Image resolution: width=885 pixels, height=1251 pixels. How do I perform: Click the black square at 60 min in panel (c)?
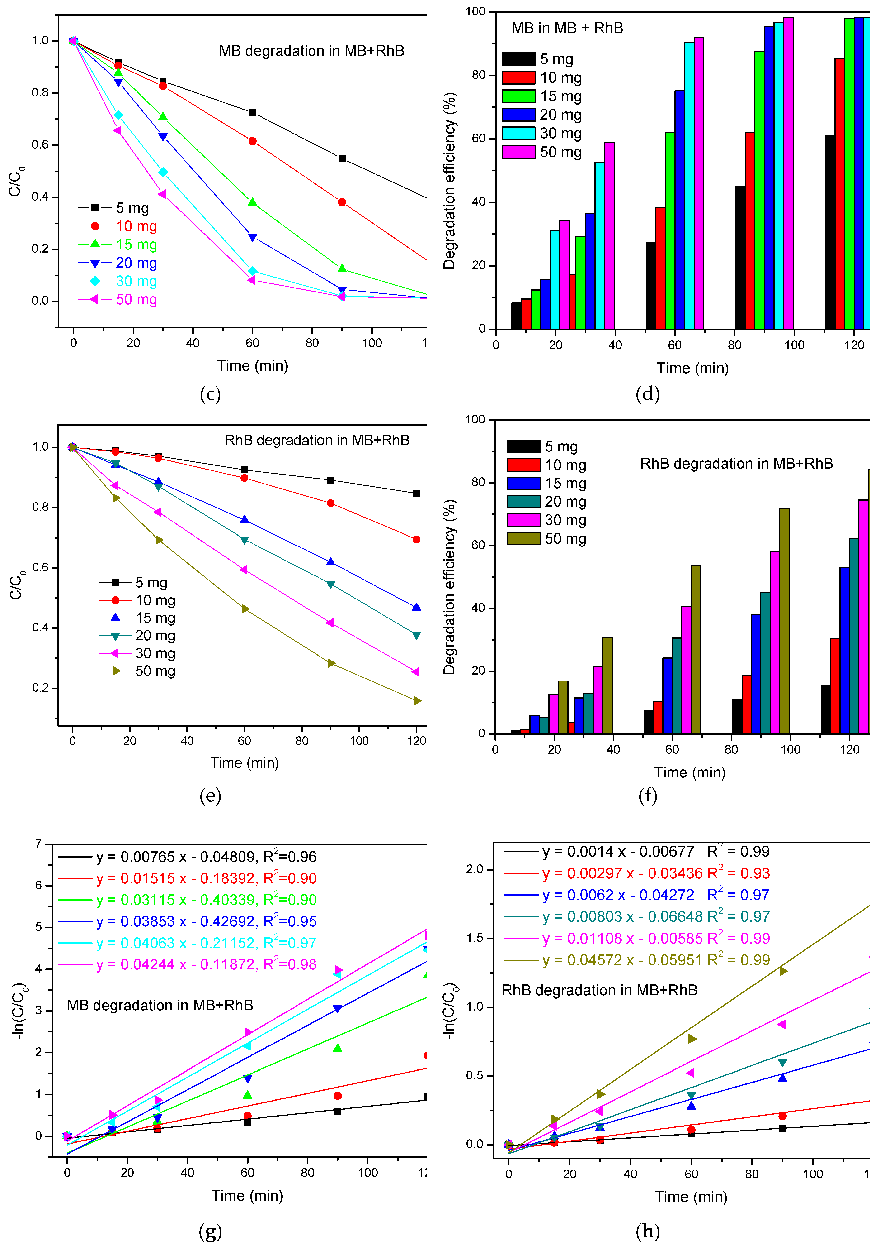point(252,112)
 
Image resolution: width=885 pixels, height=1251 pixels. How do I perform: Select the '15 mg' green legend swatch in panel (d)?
point(518,96)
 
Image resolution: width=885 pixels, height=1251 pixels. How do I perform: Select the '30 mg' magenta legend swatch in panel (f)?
point(523,520)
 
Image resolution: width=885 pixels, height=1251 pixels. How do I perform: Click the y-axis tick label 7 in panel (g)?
point(38,844)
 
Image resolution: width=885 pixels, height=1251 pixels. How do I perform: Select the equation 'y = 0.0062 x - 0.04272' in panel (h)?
point(618,895)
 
